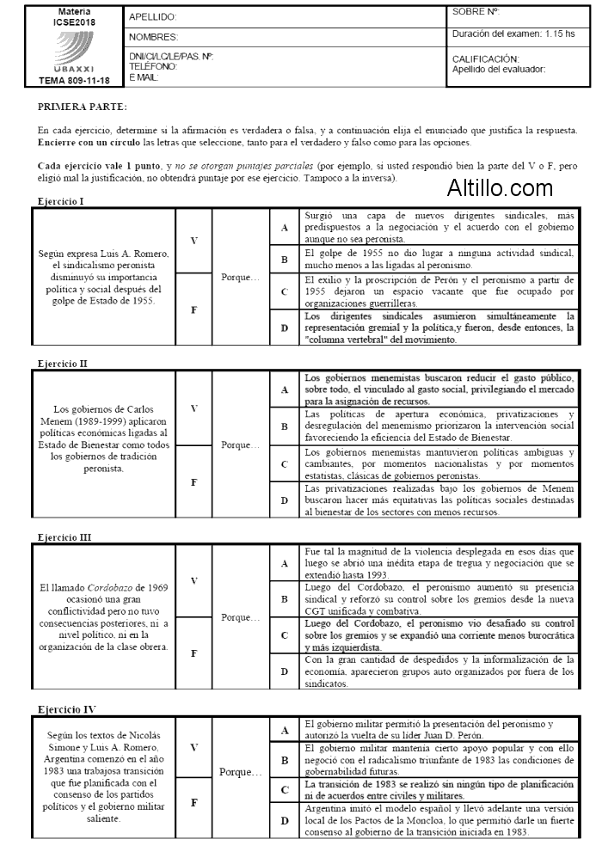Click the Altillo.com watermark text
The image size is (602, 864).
click(x=500, y=187)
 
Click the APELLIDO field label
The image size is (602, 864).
click(x=152, y=17)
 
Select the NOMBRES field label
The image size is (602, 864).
click(x=154, y=38)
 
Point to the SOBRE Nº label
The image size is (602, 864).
click(x=476, y=12)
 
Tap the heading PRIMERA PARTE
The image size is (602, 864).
click(x=83, y=107)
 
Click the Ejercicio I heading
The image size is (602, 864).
click(x=61, y=201)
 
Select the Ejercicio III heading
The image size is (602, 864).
click(x=64, y=537)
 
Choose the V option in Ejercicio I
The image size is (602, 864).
click(x=193, y=241)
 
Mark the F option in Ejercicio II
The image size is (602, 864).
click(x=193, y=482)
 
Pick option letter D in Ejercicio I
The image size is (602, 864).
click(x=284, y=328)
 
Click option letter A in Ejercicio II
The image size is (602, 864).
click(x=284, y=389)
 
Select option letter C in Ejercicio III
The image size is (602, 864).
click(x=284, y=634)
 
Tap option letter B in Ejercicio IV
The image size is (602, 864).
click(x=284, y=759)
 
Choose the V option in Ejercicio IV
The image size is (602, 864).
click(x=193, y=748)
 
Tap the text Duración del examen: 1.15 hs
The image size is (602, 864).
click(x=513, y=34)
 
